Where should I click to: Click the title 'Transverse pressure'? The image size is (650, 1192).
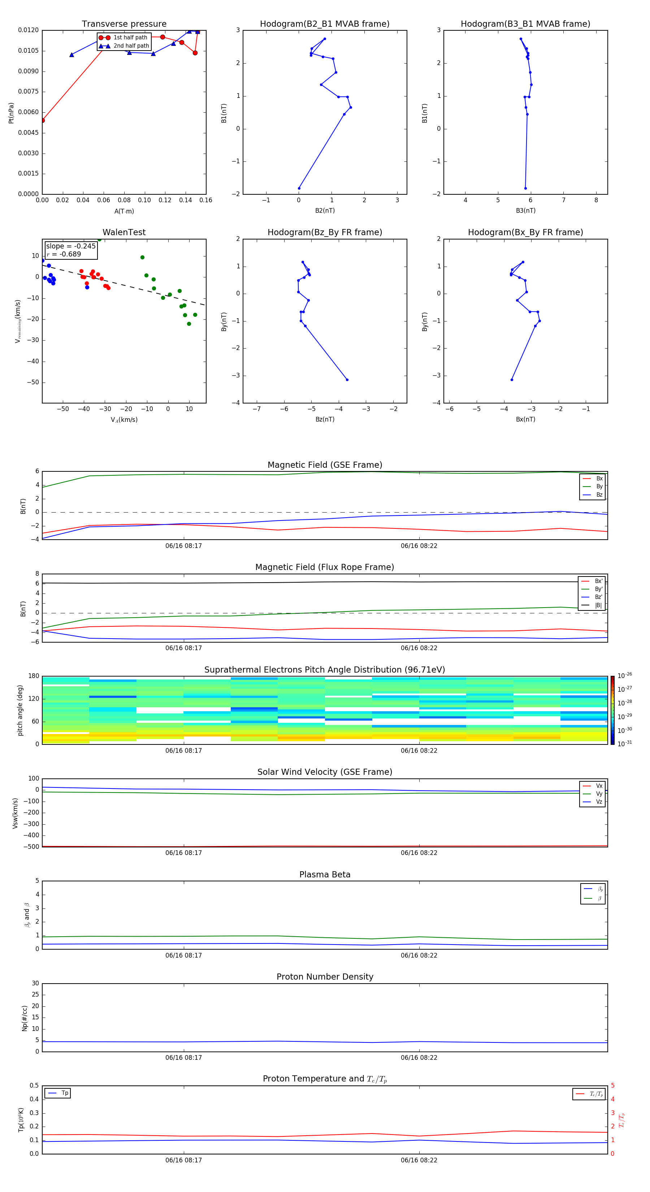(x=124, y=24)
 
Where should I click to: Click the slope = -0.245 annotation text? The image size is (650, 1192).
(x=71, y=246)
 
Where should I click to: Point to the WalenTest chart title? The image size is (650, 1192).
(x=124, y=232)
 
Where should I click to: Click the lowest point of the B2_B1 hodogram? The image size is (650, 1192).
(x=299, y=188)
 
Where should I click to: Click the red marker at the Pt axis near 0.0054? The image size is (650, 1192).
(x=43, y=120)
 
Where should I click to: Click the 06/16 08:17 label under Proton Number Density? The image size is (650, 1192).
(x=184, y=1057)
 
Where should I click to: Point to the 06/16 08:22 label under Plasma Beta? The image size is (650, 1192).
(x=419, y=955)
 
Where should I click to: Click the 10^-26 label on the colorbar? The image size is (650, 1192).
(x=625, y=675)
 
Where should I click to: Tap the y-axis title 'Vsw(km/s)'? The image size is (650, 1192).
(x=15, y=813)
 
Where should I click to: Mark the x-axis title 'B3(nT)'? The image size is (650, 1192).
(x=525, y=211)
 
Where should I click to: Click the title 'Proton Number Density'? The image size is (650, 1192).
(x=325, y=976)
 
